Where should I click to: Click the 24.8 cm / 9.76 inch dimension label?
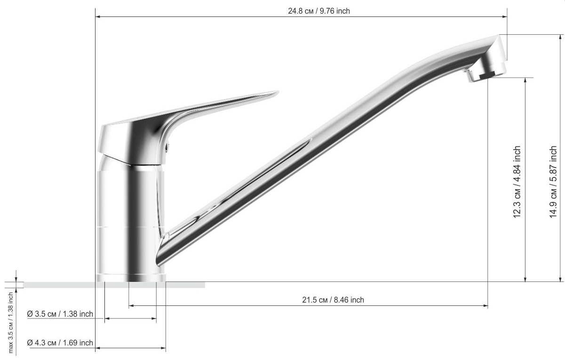click(319, 11)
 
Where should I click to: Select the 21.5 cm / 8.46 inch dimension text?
click(333, 300)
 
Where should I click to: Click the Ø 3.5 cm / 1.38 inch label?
click(60, 314)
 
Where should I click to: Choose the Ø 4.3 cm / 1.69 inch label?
click(60, 343)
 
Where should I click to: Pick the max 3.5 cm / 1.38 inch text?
click(11, 323)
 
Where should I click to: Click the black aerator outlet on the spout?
click(487, 75)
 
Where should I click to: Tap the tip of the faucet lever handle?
click(278, 92)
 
